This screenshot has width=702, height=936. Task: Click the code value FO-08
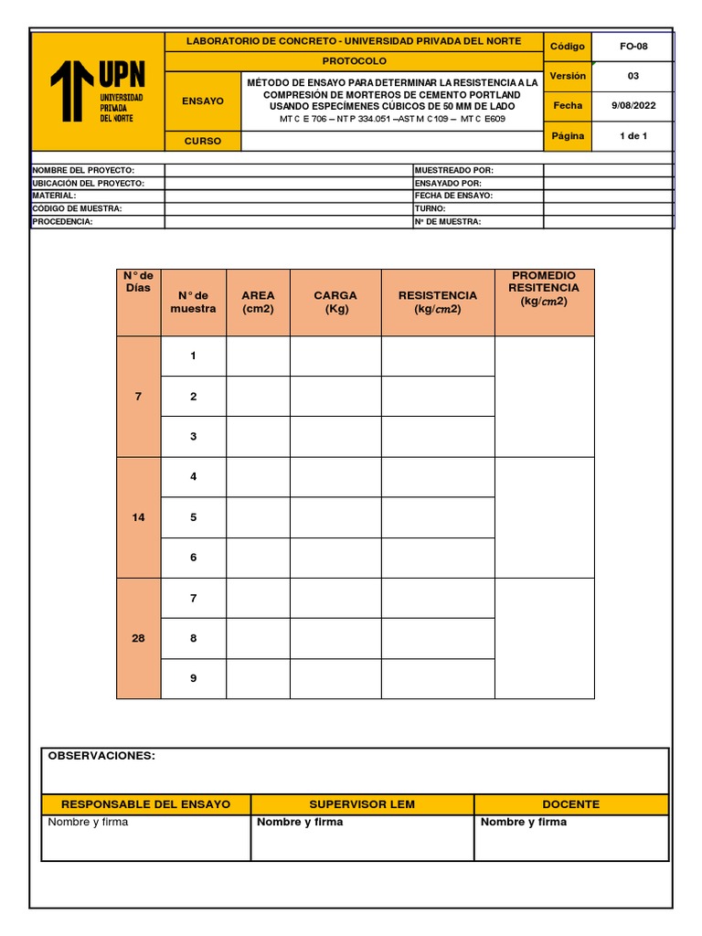click(x=633, y=47)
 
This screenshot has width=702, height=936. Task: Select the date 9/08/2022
click(x=633, y=105)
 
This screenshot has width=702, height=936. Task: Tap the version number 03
click(x=633, y=76)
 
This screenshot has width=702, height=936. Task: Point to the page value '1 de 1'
click(x=633, y=136)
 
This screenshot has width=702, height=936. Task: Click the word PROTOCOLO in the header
click(x=354, y=61)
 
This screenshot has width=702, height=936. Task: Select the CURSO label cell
click(x=202, y=141)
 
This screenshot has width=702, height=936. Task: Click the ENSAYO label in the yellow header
click(x=202, y=101)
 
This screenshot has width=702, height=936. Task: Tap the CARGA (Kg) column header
click(x=335, y=302)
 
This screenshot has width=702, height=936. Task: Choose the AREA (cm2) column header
click(x=258, y=302)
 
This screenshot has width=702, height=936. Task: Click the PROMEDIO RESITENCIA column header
click(x=544, y=288)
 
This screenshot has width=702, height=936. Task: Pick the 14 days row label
click(x=138, y=517)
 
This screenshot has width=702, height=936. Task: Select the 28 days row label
click(x=138, y=638)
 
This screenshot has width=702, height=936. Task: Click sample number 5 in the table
click(x=193, y=517)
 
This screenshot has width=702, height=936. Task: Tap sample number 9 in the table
click(x=193, y=678)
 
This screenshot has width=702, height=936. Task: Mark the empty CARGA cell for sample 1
click(x=335, y=356)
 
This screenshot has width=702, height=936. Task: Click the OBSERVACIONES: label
click(x=101, y=756)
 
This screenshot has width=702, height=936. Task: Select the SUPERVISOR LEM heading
click(x=362, y=804)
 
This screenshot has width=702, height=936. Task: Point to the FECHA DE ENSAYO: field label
click(x=453, y=196)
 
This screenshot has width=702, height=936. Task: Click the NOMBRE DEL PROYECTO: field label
click(x=83, y=170)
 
